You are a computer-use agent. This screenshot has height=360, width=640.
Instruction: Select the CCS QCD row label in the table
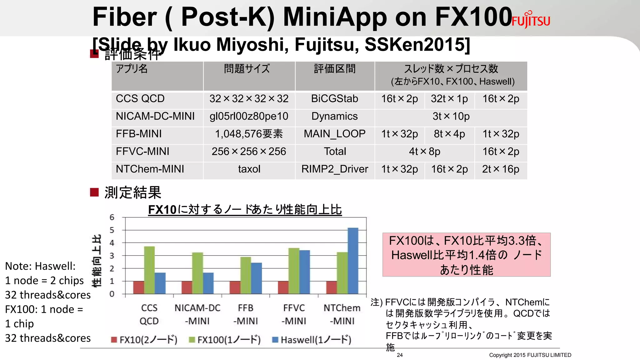pyautogui.click(x=140, y=99)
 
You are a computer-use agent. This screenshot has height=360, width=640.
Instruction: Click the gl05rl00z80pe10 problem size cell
pyautogui.click(x=249, y=117)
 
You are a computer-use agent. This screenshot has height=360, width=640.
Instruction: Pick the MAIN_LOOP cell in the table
pyautogui.click(x=334, y=134)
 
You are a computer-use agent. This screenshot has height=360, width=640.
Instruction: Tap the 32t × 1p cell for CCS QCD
pyautogui.click(x=449, y=99)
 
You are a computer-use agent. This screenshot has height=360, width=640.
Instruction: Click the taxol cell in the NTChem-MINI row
pyautogui.click(x=249, y=169)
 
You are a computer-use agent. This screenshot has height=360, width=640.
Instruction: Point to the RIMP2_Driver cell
pyautogui.click(x=334, y=169)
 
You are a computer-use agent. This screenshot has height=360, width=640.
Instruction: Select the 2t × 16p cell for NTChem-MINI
pyautogui.click(x=500, y=169)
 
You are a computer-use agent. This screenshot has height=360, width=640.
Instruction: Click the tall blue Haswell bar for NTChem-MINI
pyautogui.click(x=353, y=261)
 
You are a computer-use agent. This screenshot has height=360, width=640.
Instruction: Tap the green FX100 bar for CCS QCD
pyautogui.click(x=149, y=270)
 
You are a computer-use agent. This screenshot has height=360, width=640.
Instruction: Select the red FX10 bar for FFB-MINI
pyautogui.click(x=235, y=287)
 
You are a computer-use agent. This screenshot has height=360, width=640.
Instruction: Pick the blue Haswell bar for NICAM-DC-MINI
pyautogui.click(x=208, y=283)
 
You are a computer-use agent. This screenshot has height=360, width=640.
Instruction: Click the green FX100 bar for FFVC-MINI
pyautogui.click(x=294, y=271)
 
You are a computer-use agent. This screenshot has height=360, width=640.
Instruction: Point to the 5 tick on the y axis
pyautogui.click(x=112, y=230)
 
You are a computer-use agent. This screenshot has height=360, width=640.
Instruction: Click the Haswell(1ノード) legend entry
pyautogui.click(x=312, y=340)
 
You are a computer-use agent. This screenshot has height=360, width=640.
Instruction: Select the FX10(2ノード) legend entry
pyautogui.click(x=144, y=340)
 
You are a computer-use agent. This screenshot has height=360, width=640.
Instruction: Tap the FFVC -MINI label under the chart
pyautogui.click(x=294, y=314)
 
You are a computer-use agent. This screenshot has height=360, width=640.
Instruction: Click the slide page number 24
pyautogui.click(x=400, y=355)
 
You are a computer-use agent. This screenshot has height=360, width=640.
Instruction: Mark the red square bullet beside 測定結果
pyautogui.click(x=94, y=192)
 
